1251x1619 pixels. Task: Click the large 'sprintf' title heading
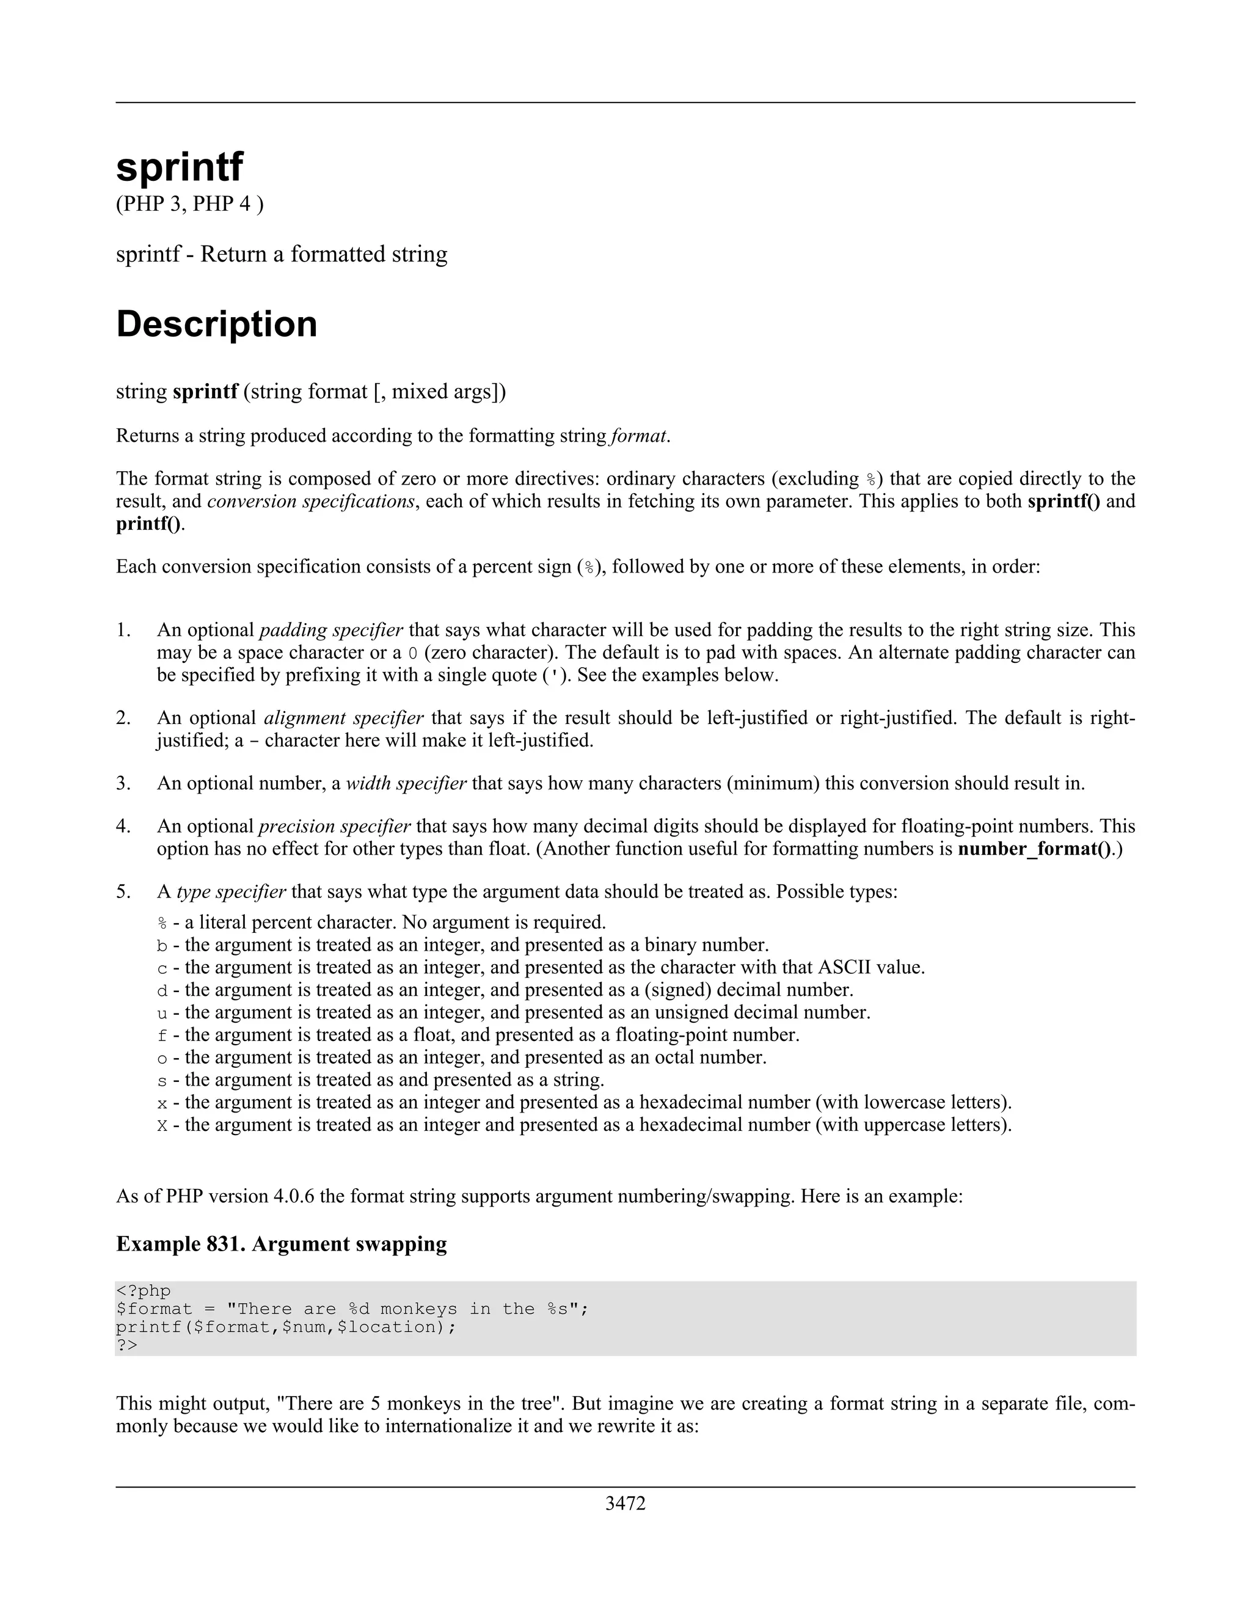[x=180, y=166]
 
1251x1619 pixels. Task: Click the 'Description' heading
[x=216, y=324]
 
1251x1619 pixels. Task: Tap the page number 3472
[x=625, y=1504]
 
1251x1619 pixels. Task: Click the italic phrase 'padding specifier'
[x=331, y=630]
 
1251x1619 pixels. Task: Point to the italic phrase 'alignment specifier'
[x=344, y=718]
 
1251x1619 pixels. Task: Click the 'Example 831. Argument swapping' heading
[x=282, y=1244]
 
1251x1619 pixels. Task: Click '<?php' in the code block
[x=143, y=1290]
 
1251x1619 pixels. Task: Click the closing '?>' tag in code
[x=126, y=1345]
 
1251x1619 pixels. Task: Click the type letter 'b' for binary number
[x=162, y=946]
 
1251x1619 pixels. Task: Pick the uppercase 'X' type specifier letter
[x=162, y=1126]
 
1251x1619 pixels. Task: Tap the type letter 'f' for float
[x=162, y=1036]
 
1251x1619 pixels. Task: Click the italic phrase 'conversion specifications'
[x=310, y=502]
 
